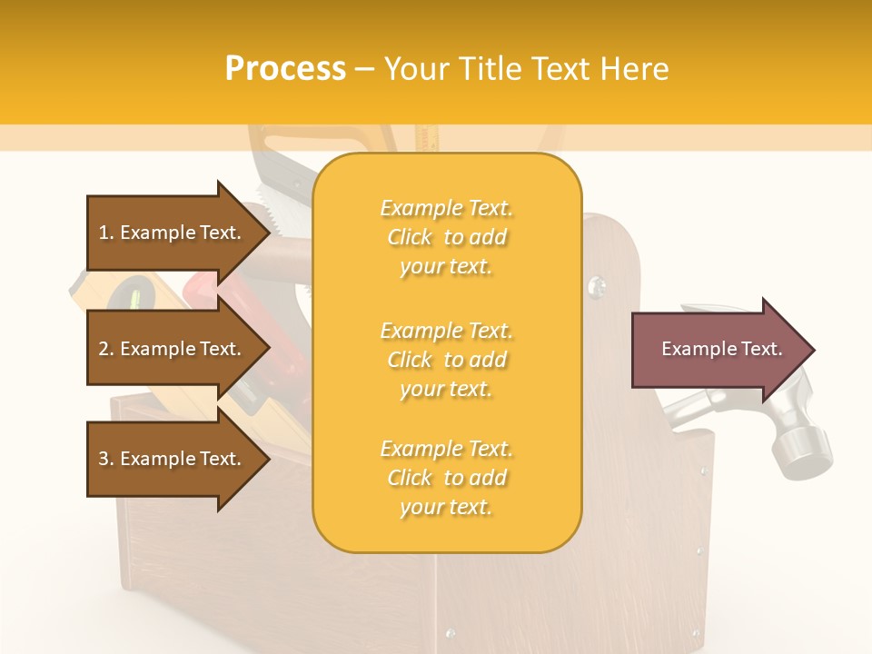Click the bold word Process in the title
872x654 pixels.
285,69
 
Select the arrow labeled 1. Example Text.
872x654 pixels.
173,233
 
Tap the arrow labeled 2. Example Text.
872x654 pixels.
173,349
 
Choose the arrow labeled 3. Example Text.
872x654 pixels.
173,459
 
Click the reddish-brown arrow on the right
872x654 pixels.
718,350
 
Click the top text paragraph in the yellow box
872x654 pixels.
446,237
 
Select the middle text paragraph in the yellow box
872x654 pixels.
446,360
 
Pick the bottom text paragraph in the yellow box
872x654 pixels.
446,478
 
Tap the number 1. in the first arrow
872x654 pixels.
106,233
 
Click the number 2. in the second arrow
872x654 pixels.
106,349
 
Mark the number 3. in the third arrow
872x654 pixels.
106,459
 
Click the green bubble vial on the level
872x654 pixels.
136,295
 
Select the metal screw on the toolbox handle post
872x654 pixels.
596,287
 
